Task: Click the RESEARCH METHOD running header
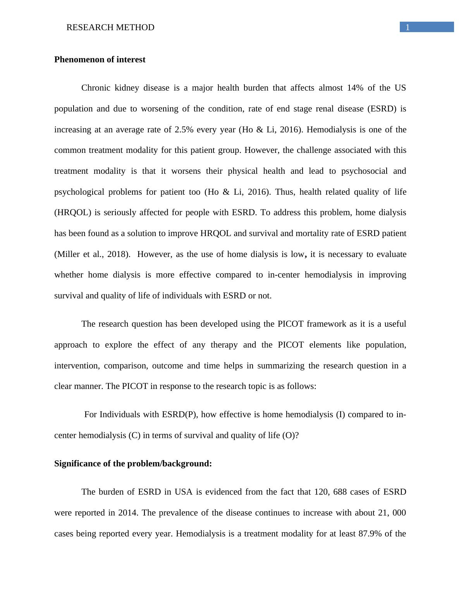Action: pos(110,27)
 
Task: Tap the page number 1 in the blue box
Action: pos(408,27)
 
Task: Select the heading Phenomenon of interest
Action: pos(100,60)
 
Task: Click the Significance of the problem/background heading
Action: pos(133,464)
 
